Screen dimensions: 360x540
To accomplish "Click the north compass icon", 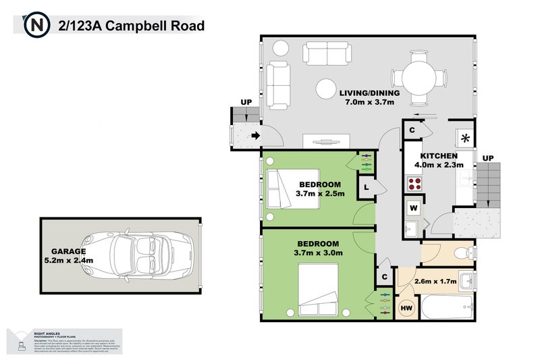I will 36,26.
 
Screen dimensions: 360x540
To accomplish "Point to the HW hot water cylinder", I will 407,308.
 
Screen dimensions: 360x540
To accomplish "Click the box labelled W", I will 412,206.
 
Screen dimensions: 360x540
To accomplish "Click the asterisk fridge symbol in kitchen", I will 465,138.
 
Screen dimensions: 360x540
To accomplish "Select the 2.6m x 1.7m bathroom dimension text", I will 435,281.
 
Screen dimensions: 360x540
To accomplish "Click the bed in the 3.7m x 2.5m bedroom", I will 280,188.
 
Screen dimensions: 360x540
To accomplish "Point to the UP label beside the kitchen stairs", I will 488,157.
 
